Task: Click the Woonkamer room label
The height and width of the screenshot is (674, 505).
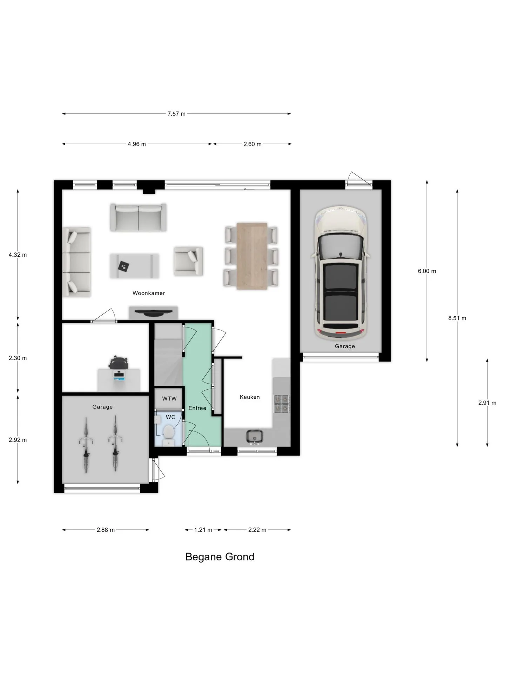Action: (149, 293)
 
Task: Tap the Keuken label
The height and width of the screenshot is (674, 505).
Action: (250, 397)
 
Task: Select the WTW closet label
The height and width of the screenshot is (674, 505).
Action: (169, 399)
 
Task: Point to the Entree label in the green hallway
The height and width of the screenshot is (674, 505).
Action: (197, 408)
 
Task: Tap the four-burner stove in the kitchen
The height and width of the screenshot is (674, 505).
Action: (282, 403)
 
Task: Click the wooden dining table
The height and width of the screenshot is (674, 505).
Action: (252, 256)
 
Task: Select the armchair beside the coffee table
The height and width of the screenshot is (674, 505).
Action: (188, 261)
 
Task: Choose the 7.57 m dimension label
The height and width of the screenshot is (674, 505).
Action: (176, 114)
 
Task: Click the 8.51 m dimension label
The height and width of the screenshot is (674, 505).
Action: (457, 318)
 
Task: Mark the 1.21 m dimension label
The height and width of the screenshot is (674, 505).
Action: (203, 530)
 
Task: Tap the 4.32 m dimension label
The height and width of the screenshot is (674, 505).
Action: (18, 255)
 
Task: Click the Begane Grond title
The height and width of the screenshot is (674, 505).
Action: (220, 557)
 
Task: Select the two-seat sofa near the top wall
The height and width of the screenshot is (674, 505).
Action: (138, 217)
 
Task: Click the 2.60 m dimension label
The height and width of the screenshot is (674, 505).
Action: (252, 144)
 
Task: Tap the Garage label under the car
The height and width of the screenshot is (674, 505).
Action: (345, 346)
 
